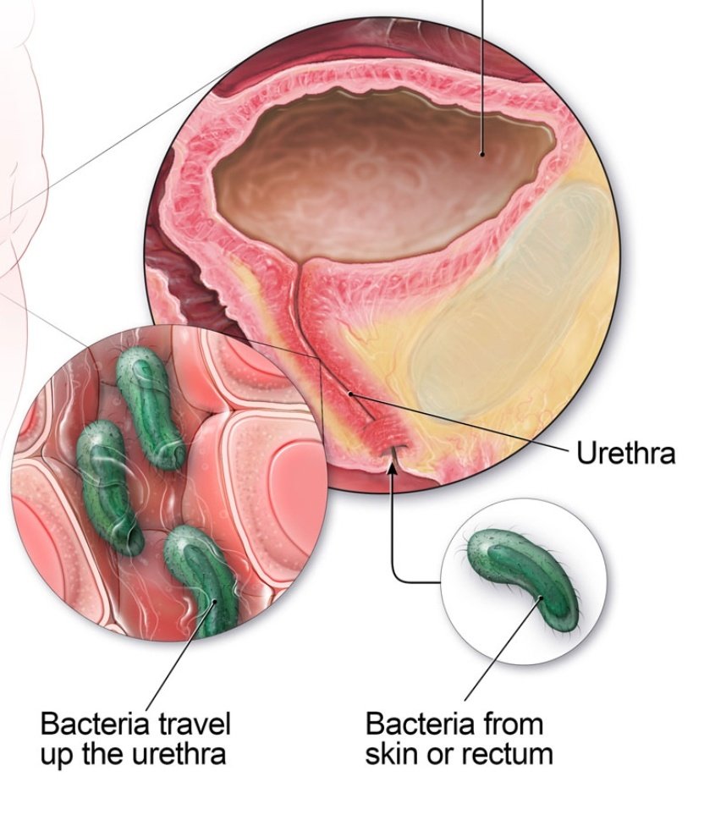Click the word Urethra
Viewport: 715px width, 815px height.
coord(625,454)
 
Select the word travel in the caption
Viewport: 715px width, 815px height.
coord(190,724)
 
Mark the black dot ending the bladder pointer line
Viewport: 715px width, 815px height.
coord(481,154)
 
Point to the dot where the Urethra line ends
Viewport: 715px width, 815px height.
coord(351,393)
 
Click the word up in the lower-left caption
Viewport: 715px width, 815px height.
coord(56,754)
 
